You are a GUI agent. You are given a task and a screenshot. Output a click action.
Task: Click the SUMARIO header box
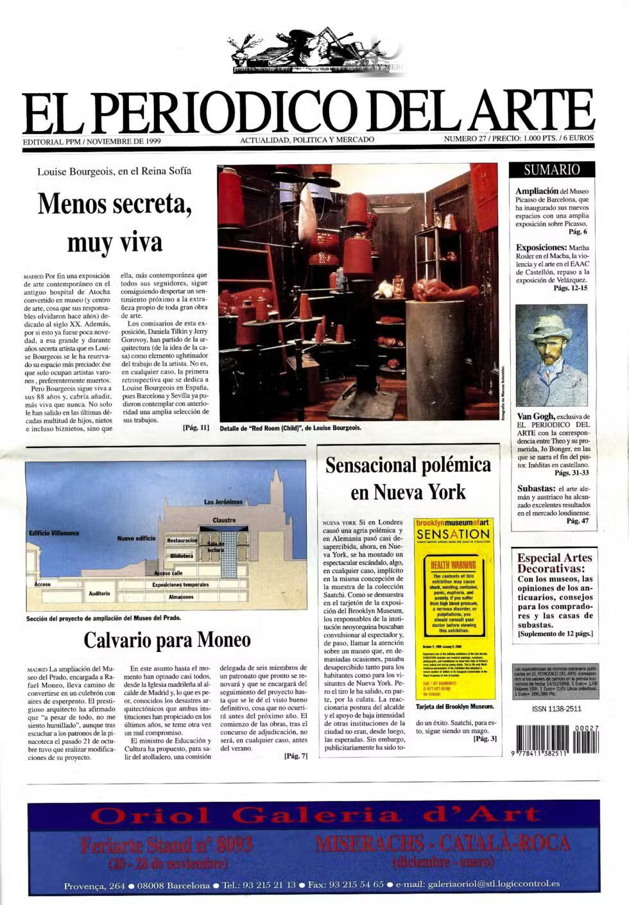pos(551,170)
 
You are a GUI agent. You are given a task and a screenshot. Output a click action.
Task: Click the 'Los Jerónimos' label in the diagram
pos(223,501)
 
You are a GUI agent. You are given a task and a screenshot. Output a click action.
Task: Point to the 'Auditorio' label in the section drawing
pos(99,593)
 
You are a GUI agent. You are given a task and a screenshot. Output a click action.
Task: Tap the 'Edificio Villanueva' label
pos(54,533)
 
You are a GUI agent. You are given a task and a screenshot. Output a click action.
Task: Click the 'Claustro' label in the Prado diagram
pos(224,520)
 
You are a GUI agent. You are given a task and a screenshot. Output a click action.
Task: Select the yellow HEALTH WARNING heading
pos(453,565)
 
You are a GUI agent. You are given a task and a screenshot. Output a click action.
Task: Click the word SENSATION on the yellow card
pos(452,534)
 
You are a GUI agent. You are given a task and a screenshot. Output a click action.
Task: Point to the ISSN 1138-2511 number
pos(556,709)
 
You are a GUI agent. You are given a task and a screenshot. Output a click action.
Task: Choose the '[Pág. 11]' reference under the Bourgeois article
pos(196,427)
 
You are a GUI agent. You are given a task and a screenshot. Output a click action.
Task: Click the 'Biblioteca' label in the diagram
pos(182,556)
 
